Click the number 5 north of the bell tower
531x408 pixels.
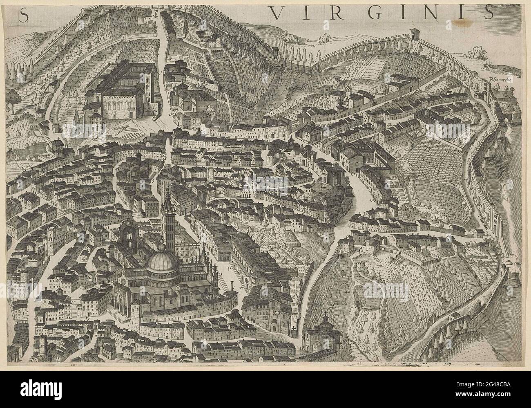point(152,179)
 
